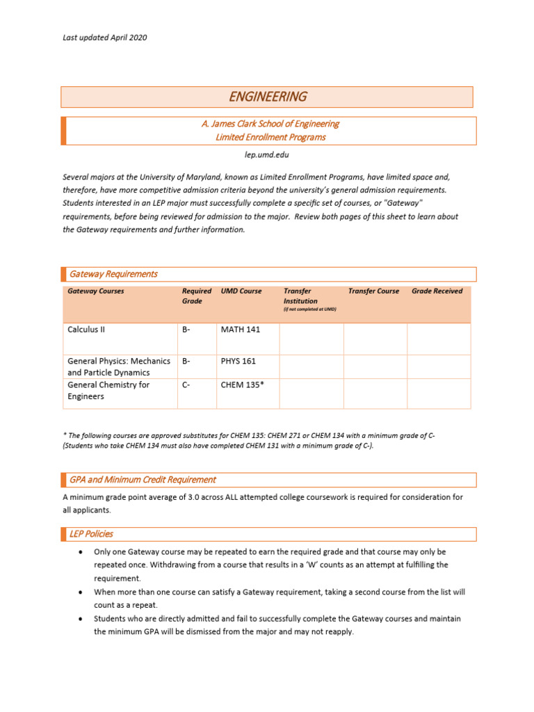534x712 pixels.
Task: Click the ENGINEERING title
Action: [268, 97]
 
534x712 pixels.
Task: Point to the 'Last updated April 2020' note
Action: [104, 38]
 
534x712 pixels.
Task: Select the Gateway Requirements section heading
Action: [113, 274]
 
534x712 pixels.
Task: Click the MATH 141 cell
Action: [240, 330]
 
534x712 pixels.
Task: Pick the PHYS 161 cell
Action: [238, 362]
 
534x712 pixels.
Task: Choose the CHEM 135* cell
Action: [242, 385]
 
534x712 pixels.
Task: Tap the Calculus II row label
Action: [86, 330]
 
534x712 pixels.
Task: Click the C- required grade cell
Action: [187, 385]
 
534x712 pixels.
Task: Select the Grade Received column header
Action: [437, 291]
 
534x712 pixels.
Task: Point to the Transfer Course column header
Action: [373, 291]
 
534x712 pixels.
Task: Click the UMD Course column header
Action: [241, 291]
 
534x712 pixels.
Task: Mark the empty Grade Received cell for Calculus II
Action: [439, 339]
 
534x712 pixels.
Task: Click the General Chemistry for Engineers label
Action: [108, 391]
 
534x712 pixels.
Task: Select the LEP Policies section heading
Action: [91, 534]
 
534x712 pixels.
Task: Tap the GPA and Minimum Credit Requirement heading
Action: [143, 480]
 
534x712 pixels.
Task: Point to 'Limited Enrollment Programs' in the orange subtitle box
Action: [270, 137]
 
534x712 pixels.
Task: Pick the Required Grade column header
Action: [196, 296]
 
